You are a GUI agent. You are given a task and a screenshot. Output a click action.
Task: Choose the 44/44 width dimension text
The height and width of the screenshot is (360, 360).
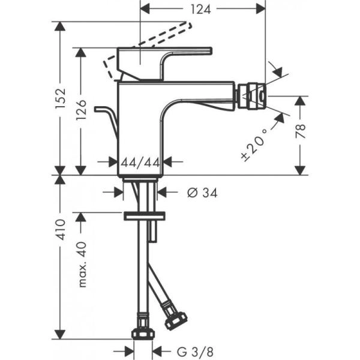click(x=139, y=161)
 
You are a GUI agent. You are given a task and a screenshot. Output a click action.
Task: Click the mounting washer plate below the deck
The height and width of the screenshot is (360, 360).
click(x=145, y=216)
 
